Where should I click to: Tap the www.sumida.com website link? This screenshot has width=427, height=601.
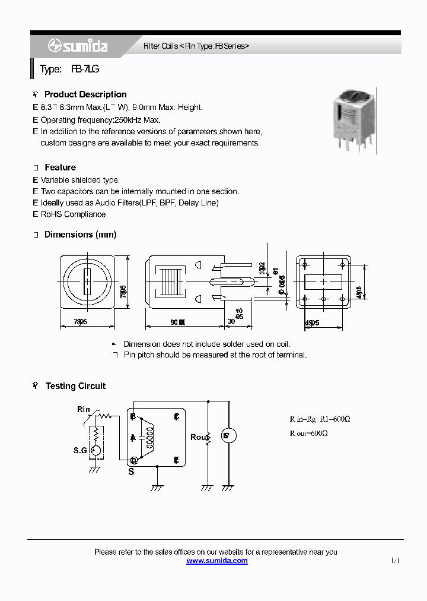tap(217, 561)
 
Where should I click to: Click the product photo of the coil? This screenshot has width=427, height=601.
tap(353, 118)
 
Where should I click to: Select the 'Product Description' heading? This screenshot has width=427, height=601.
tap(85, 94)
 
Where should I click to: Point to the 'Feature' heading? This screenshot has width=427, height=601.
tap(60, 167)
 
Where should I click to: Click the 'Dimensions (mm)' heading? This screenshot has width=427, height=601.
tap(80, 235)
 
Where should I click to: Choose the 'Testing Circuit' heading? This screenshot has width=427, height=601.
tap(75, 386)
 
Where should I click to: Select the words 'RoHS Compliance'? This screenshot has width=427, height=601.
tap(73, 214)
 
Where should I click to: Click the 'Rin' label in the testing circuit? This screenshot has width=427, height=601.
tap(84, 409)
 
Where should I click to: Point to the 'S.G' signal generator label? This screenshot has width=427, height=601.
tap(80, 451)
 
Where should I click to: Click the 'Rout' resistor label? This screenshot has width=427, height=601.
tap(197, 438)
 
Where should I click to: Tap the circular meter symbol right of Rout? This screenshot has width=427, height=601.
tap(229, 436)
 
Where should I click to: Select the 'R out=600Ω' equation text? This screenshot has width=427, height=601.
tap(308, 434)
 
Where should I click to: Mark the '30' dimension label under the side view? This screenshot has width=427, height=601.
tap(231, 322)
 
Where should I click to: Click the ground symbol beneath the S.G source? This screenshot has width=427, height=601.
tap(94, 469)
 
